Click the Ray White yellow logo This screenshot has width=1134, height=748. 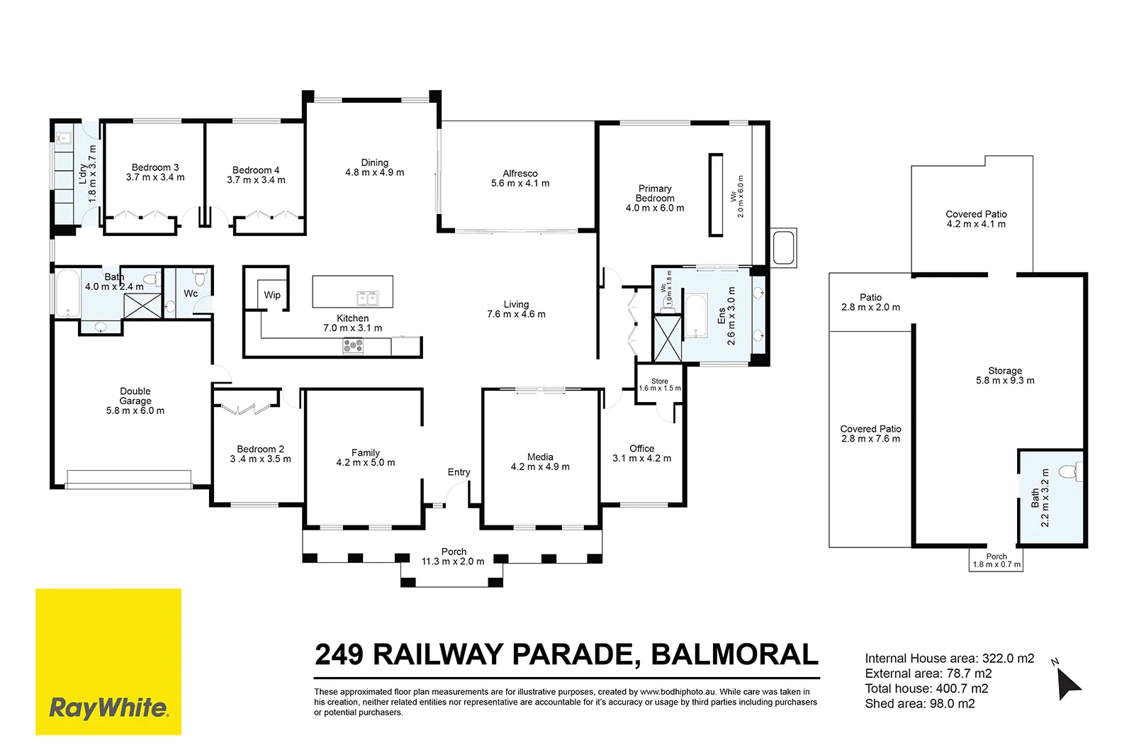(108, 662)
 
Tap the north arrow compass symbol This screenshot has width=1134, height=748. (1068, 683)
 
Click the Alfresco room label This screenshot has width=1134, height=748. (520, 173)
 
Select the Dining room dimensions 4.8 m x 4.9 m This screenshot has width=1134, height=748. (375, 172)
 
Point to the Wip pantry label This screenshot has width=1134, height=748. (272, 295)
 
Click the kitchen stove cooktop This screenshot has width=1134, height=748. (353, 346)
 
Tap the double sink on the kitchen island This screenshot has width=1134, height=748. (367, 298)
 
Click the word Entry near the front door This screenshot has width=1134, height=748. (459, 472)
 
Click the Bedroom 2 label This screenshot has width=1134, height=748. (260, 450)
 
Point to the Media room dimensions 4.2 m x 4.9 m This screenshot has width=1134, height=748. (540, 467)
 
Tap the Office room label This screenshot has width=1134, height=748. (641, 448)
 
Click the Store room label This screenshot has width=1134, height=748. (660, 381)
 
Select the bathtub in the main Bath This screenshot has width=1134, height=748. (67, 294)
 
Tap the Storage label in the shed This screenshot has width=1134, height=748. (1005, 371)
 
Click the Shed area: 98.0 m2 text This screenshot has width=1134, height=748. (920, 703)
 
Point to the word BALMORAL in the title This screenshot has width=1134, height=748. (734, 654)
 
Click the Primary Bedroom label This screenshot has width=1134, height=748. (655, 193)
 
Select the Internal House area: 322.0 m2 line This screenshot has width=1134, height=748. (949, 659)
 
